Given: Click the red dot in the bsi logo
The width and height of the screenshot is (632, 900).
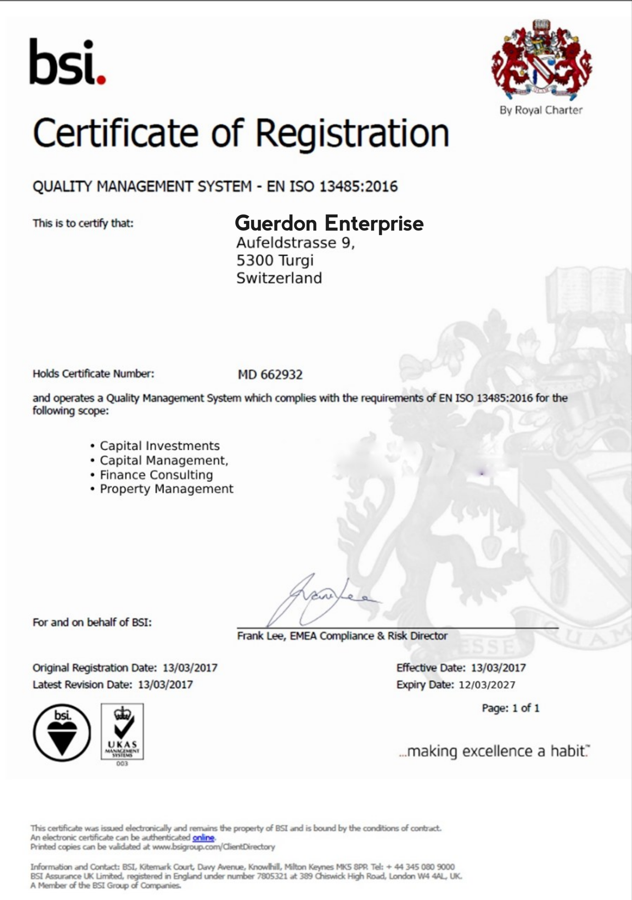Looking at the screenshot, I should tap(101, 80).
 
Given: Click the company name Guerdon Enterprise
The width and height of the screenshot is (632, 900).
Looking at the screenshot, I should tap(329, 223).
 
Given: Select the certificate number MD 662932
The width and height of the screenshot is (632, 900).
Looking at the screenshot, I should tap(270, 375).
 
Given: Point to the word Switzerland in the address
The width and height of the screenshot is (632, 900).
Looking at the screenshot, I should tap(279, 278).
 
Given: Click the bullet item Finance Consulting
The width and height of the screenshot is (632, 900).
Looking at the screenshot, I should tap(156, 475).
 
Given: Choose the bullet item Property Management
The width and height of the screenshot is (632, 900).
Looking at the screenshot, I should tap(166, 489).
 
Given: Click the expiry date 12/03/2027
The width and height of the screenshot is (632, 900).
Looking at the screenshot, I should tap(487, 685).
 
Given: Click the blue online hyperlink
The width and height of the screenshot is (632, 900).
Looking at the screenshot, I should tap(203, 838).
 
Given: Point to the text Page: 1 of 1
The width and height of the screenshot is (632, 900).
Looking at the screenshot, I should tap(510, 708).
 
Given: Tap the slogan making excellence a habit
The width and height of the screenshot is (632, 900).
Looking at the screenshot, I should tap(495, 751).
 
